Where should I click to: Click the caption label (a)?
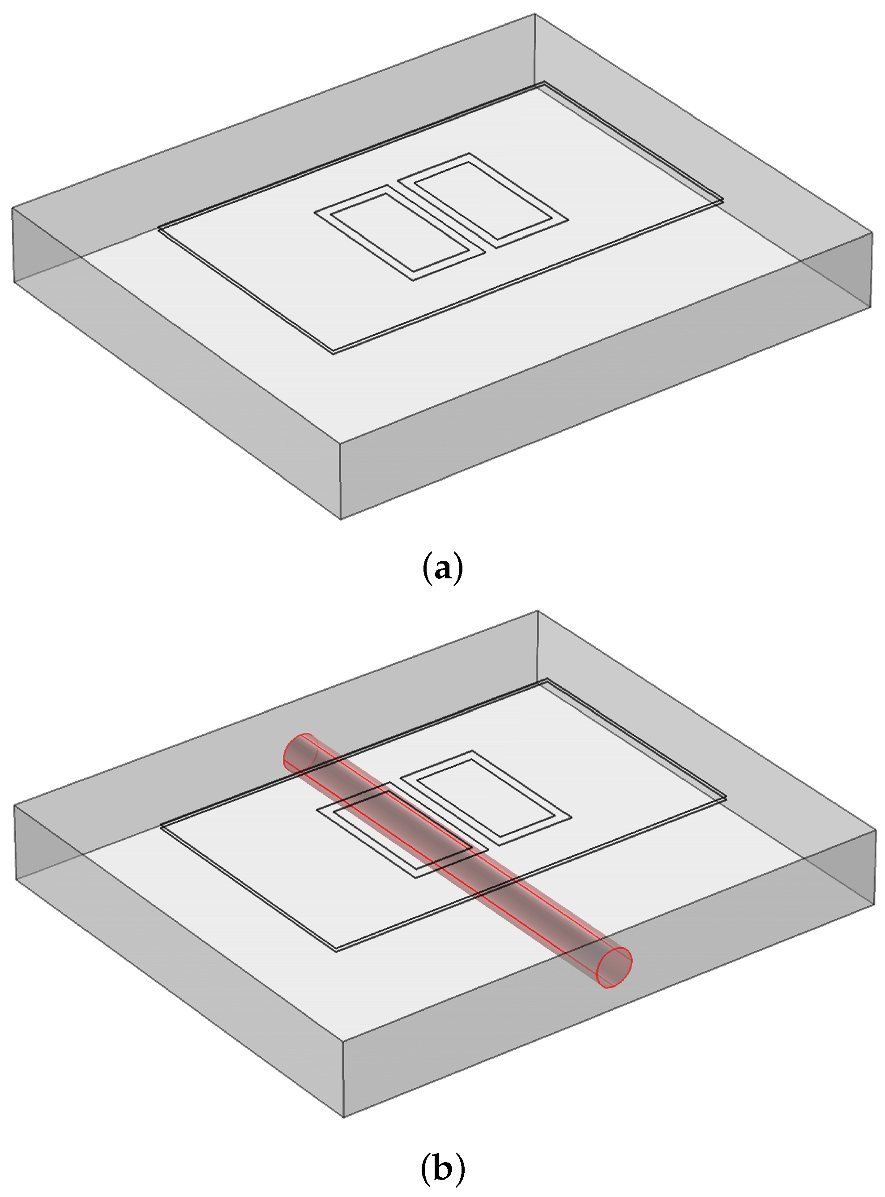point(442,569)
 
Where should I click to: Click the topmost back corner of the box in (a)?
point(534,14)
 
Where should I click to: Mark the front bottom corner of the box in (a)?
point(341,519)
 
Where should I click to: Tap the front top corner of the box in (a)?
point(340,442)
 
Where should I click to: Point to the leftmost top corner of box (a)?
point(13,208)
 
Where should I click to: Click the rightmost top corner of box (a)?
point(872,232)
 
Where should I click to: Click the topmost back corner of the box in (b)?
point(537,611)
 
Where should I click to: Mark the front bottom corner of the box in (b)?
point(343,1117)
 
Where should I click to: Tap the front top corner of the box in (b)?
point(343,1041)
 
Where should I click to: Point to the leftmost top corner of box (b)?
point(14,805)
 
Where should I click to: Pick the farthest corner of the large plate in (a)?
point(544,82)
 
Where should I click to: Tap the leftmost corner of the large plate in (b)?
point(161,826)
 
